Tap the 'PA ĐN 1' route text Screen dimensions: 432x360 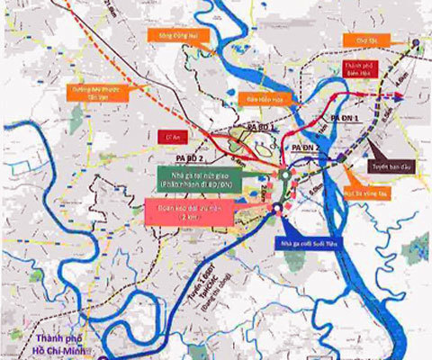click(x=345, y=118)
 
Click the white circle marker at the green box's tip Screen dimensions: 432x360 click(x=283, y=175)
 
